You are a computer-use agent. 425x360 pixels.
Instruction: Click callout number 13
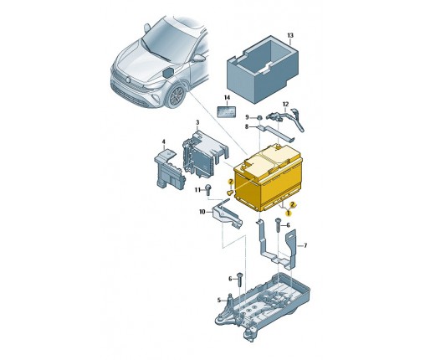pos(290,35)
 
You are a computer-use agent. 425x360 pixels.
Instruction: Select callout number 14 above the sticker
pos(227,98)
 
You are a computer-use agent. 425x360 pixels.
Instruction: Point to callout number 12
pos(285,104)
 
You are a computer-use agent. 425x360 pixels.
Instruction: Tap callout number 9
pos(247,116)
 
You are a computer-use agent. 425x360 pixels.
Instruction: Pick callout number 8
pos(247,126)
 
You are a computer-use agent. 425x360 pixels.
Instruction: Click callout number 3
pos(197,122)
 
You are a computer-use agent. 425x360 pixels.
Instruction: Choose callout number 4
pos(164,142)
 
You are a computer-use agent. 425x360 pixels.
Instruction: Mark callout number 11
pos(197,190)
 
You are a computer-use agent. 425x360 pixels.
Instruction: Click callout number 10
pos(202,212)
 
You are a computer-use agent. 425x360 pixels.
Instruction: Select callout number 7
pos(305,245)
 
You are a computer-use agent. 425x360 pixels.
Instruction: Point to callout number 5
pos(219,301)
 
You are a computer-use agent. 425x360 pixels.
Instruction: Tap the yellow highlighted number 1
pos(289,213)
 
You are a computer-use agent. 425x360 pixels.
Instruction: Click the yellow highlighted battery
pos(268,178)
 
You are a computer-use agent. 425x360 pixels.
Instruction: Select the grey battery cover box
pos(263,69)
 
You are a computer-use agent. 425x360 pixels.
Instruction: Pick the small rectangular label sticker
pos(227,111)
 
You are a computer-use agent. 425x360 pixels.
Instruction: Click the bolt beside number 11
pos(208,190)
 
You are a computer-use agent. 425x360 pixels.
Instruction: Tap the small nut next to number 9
pos(259,117)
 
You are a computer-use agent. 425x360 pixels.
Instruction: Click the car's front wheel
pos(176,96)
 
